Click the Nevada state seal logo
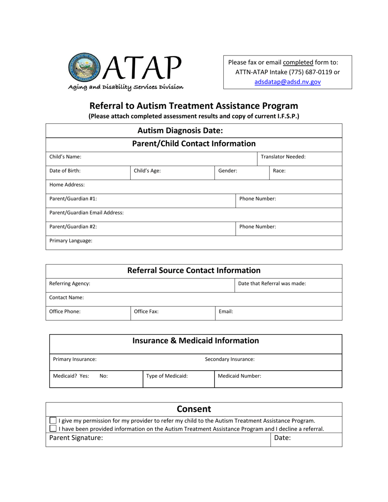85,68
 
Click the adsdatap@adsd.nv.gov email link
288,82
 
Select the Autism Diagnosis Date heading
180,131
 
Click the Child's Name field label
65,157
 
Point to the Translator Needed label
283,157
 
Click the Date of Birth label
65,171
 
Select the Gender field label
228,171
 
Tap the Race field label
279,171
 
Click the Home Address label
67,185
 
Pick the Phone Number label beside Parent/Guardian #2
257,227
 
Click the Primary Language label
71,241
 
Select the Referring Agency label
69,283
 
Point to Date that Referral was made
272,283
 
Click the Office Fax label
146,311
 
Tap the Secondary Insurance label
230,359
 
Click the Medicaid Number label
239,376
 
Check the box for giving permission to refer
53,420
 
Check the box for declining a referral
53,429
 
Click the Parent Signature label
76,438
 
